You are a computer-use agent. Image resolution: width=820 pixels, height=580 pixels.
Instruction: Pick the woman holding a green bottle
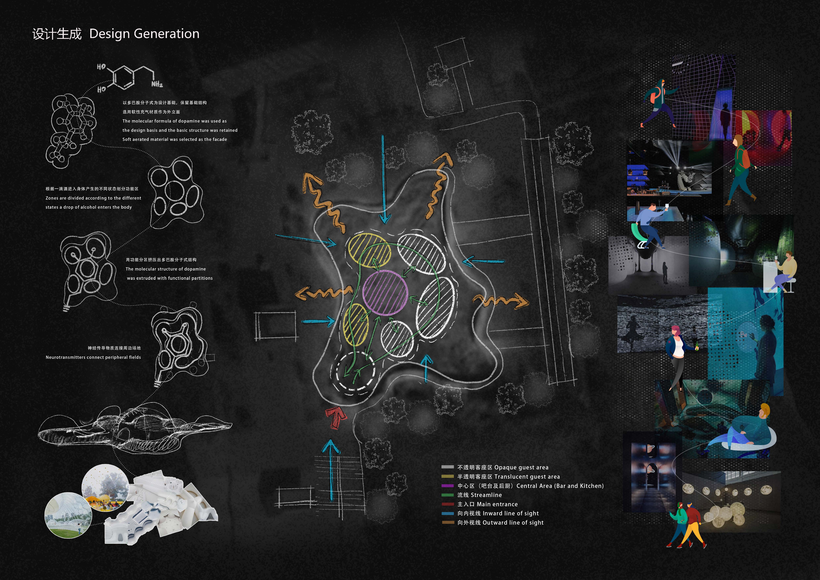click(x=677, y=356)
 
